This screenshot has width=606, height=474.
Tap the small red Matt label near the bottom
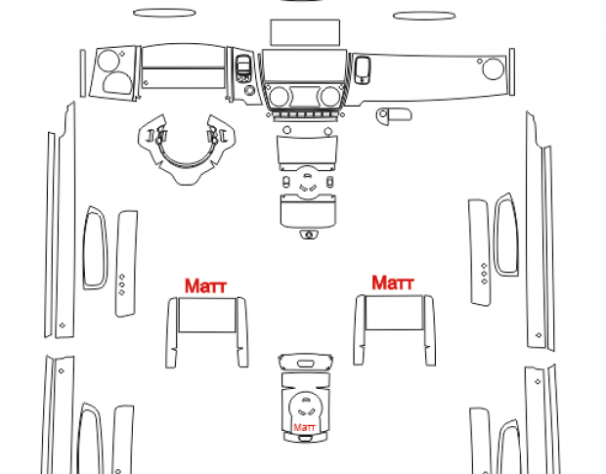click(305, 428)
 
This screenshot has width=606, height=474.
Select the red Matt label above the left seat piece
click(205, 286)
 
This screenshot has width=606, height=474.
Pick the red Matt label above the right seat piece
click(393, 282)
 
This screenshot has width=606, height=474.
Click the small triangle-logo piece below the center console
click(309, 235)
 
